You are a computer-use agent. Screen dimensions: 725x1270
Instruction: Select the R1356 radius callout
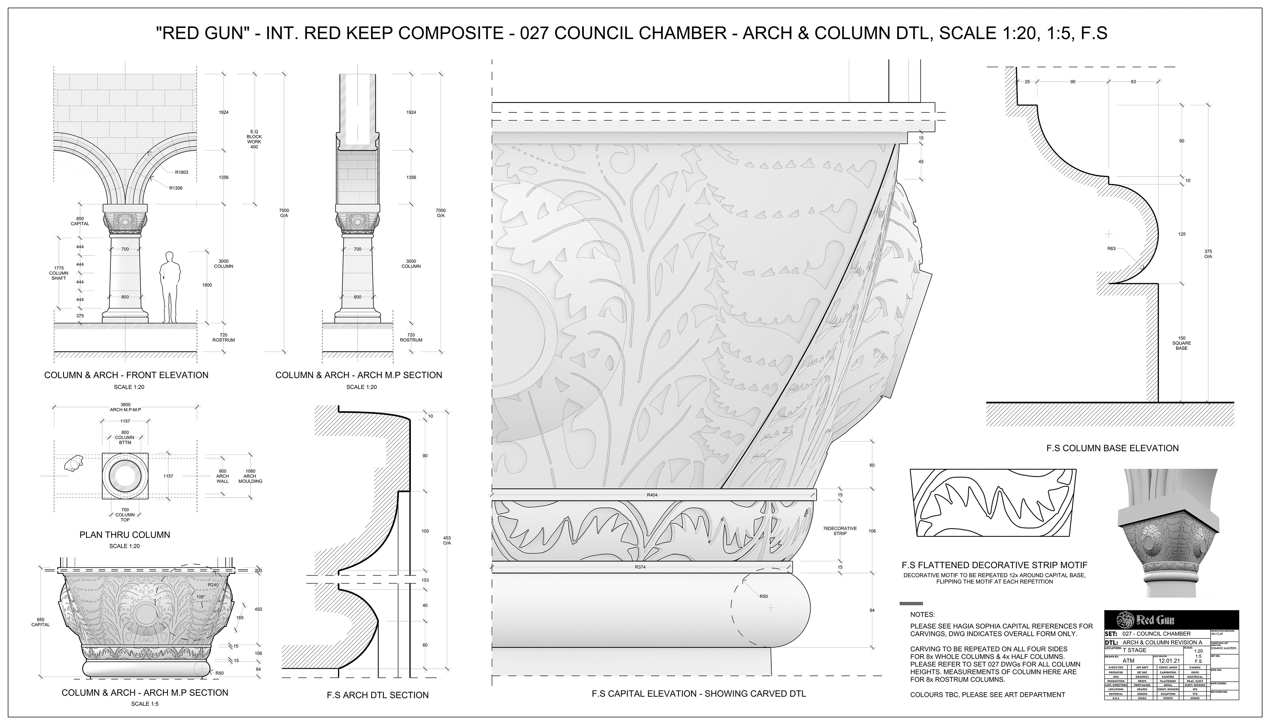click(176, 188)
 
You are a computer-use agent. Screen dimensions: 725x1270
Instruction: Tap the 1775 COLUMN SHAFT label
click(59, 273)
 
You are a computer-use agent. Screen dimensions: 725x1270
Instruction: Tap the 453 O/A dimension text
click(447, 540)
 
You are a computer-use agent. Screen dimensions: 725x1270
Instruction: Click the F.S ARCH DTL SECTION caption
click(377, 695)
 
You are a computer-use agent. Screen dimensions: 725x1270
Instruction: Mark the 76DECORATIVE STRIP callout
click(840, 531)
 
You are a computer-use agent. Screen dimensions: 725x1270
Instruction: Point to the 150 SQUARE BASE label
click(1181, 343)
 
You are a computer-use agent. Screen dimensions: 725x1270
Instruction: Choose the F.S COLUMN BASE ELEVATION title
click(1112, 448)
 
